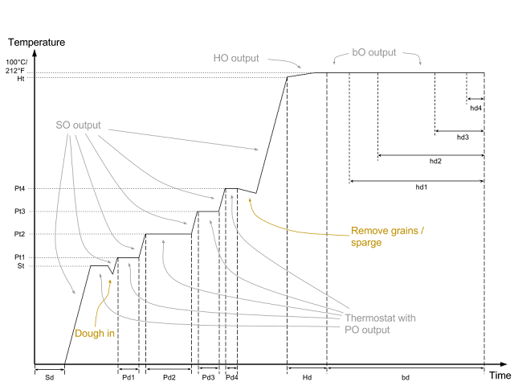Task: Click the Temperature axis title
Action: (x=37, y=43)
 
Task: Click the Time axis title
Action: (x=500, y=376)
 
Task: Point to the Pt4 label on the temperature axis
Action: (x=19, y=188)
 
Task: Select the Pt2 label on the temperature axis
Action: (x=19, y=234)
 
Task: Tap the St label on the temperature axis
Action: (x=21, y=266)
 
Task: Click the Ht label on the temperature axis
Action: (x=21, y=79)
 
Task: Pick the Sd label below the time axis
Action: (x=50, y=377)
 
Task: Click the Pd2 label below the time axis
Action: (x=169, y=377)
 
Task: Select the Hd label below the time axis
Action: (x=307, y=377)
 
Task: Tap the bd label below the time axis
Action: (x=406, y=377)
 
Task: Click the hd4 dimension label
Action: (x=476, y=108)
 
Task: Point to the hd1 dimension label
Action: (x=422, y=187)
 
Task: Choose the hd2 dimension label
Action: (x=435, y=161)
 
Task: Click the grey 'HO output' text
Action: (x=236, y=58)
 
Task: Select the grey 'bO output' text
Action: (x=374, y=52)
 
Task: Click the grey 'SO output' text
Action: (x=78, y=125)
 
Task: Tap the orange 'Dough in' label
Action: (x=95, y=333)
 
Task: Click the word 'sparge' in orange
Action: (x=366, y=243)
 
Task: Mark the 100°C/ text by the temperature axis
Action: (x=16, y=63)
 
